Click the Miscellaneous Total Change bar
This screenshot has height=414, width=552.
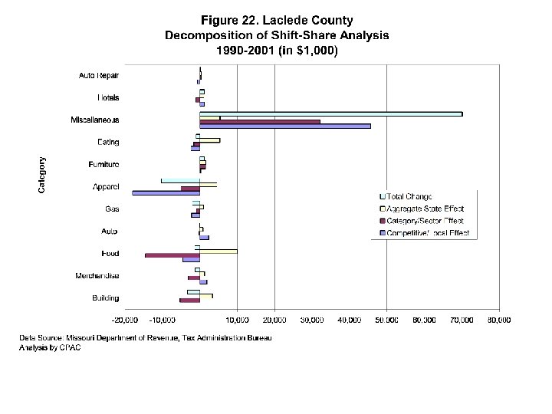[330, 113]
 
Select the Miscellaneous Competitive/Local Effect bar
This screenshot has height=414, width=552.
[284, 126]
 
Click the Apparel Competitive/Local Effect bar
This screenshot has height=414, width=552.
[166, 192]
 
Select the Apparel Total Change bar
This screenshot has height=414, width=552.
[180, 181]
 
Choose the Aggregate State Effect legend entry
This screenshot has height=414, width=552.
[426, 209]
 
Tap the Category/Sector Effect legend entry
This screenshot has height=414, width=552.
[426, 220]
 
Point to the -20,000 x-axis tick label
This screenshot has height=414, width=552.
[125, 319]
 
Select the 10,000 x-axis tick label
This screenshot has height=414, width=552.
[237, 319]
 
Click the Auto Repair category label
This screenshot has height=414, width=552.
[99, 75]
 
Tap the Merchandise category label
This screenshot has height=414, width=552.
[97, 275]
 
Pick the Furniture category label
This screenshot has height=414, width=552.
[103, 164]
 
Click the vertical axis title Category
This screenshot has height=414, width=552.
[42, 175]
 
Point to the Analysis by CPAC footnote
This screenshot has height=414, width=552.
[50, 347]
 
